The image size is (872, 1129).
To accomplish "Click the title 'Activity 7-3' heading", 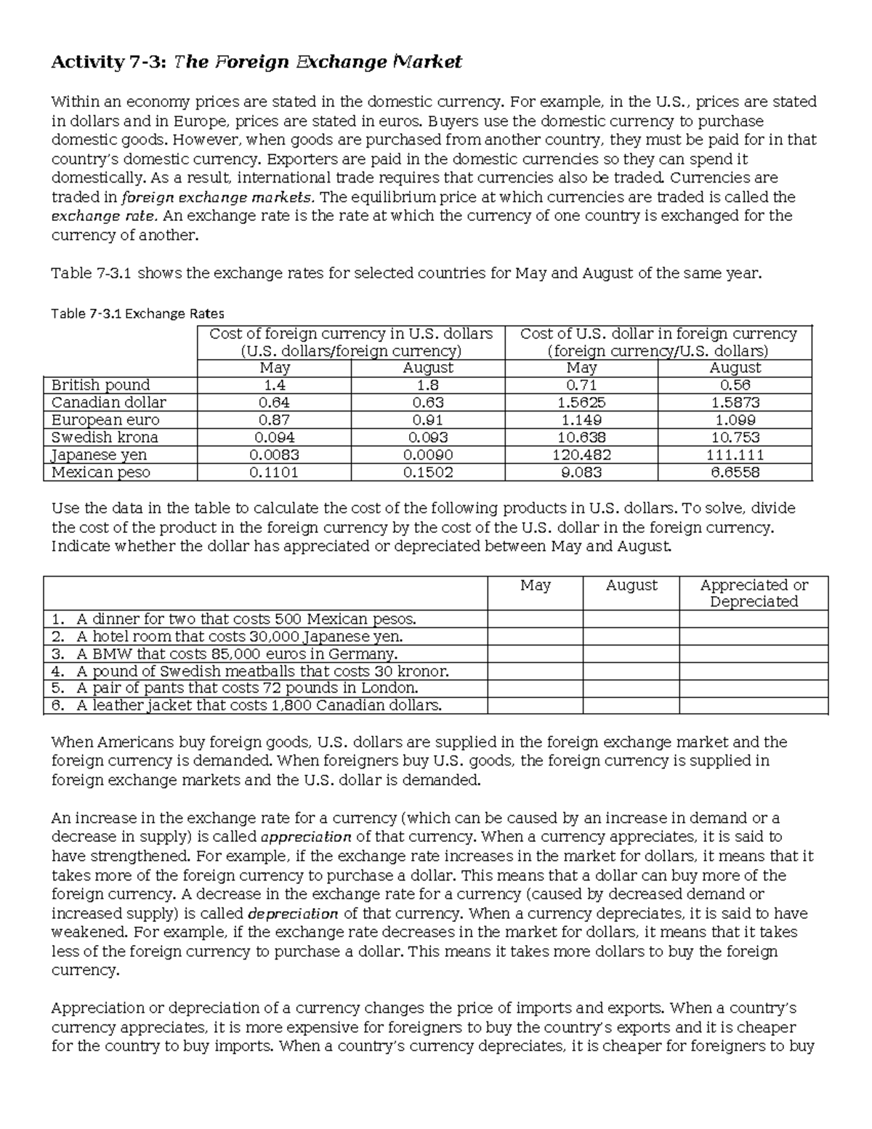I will [255, 63].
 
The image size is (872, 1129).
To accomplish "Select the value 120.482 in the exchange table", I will [581, 455].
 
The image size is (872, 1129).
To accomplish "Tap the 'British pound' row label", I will [100, 385].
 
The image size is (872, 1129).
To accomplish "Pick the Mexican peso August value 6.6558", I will [735, 473].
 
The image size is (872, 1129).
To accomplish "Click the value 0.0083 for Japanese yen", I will [274, 455].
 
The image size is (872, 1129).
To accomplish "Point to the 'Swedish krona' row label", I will [105, 438].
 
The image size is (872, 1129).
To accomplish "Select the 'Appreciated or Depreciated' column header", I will [754, 593].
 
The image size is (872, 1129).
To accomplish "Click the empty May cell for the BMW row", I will [535, 654].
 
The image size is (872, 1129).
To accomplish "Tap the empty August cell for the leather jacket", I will [631, 705].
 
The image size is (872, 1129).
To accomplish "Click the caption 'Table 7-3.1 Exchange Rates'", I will [137, 314].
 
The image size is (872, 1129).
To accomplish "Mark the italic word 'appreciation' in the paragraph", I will [306, 837].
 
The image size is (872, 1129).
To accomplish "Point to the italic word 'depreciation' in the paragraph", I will [294, 914].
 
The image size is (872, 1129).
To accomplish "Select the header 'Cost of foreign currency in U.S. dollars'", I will [351, 334].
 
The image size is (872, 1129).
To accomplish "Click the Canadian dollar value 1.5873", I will [735, 403].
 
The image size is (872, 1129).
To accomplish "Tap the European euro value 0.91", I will [427, 420].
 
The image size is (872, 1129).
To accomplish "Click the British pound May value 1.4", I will [274, 385].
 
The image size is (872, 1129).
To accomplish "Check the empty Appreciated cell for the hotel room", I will [754, 637].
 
